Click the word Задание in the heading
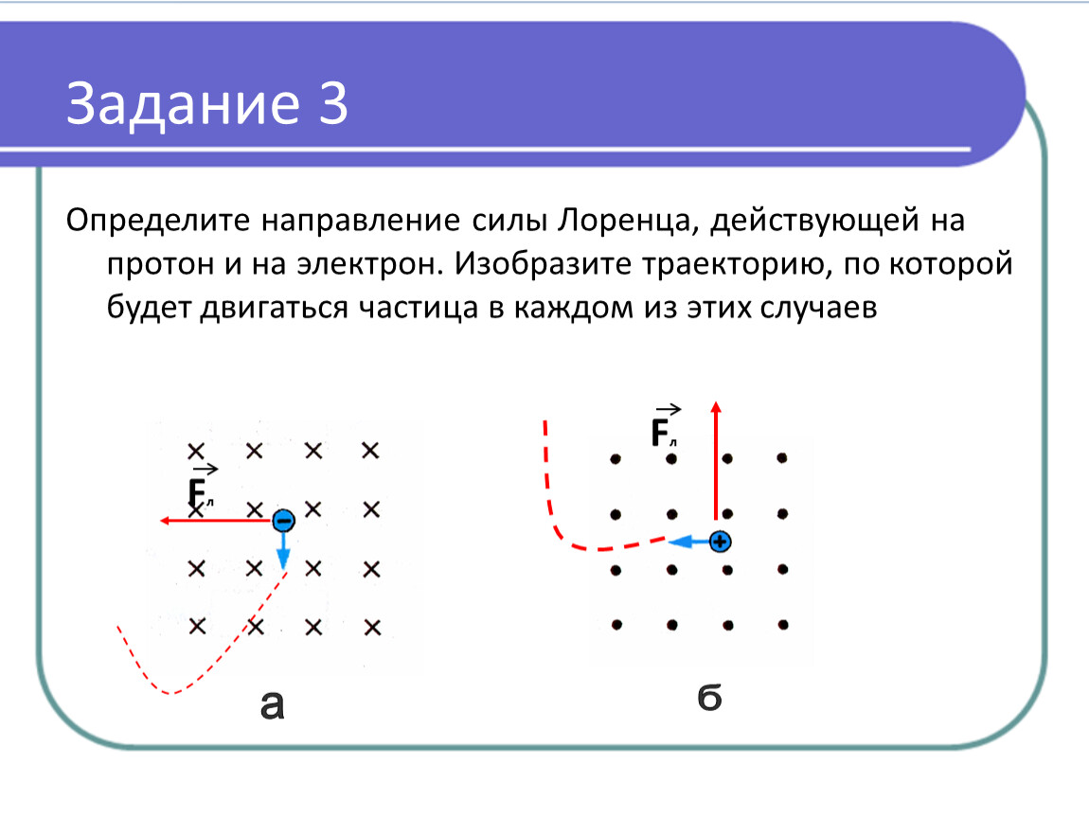tap(184, 104)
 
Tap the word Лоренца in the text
tap(625, 221)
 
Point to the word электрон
tap(370, 264)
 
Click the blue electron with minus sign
tap(283, 520)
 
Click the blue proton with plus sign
tap(721, 541)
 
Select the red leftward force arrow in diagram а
tap(216, 520)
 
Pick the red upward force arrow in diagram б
tap(716, 460)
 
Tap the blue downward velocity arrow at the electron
tap(283, 551)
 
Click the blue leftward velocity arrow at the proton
tap(689, 541)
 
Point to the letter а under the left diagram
tap(273, 704)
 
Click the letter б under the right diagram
tap(710, 697)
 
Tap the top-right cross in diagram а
tap(371, 451)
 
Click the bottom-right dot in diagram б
tap(783, 625)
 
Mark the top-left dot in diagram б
tap(616, 459)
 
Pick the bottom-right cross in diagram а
tap(372, 628)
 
